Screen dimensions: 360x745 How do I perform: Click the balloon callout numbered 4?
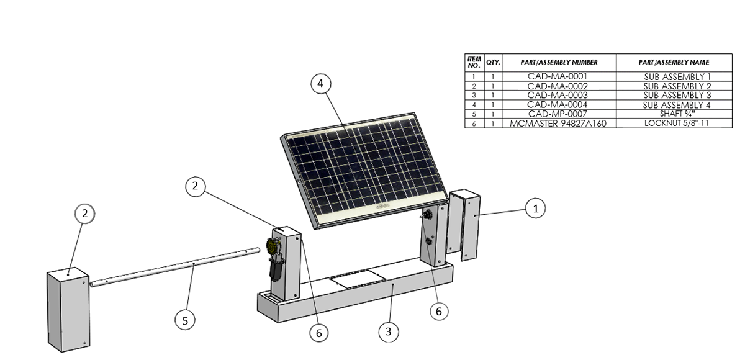point(320,84)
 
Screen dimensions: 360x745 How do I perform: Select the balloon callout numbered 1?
point(535,209)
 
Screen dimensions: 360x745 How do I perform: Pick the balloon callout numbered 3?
point(388,332)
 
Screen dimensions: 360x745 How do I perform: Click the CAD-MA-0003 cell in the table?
point(558,95)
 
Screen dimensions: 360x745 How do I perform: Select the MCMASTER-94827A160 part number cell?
point(558,124)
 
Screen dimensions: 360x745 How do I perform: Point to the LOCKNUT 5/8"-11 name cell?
point(677,124)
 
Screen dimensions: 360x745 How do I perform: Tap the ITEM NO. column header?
point(474,63)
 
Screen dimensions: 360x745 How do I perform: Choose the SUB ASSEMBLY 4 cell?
point(677,105)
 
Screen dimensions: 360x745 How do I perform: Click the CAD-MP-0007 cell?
point(558,114)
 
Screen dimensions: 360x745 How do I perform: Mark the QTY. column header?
point(493,63)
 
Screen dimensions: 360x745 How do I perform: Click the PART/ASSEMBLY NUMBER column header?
point(558,63)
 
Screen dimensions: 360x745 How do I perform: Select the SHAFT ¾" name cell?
point(677,114)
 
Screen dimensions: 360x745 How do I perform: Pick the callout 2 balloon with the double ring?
point(85,214)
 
